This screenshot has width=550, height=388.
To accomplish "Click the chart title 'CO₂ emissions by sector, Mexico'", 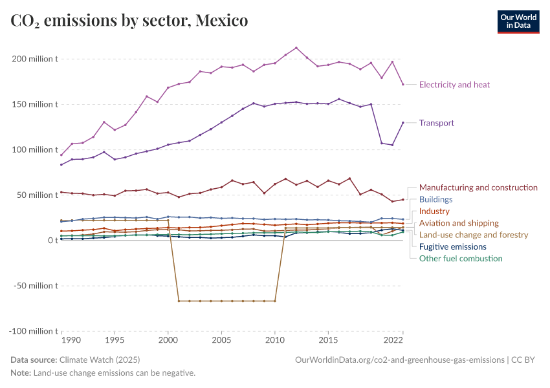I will pos(129,21).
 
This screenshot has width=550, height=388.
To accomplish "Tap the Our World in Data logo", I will pos(518,21).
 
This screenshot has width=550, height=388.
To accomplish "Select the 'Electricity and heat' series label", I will pos(454,85).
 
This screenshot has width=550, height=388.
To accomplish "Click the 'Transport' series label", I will pos(436,123).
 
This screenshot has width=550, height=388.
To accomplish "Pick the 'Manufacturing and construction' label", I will pos(478,188).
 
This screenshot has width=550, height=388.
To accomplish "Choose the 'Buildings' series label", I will pos(435,200).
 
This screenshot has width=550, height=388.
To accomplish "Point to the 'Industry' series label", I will pos(434,211).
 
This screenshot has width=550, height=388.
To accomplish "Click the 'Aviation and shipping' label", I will pos(459,223).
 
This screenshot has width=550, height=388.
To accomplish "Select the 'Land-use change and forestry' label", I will pos(474,235).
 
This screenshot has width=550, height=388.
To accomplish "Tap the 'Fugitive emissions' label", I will pos(452,247).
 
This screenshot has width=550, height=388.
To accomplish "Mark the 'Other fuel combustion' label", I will pos(460,259).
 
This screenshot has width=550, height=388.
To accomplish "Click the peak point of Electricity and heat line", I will pos(296,48).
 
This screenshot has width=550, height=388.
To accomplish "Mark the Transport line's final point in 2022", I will pos(402,122).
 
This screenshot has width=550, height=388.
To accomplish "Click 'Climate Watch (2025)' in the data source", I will pos(100,360).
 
